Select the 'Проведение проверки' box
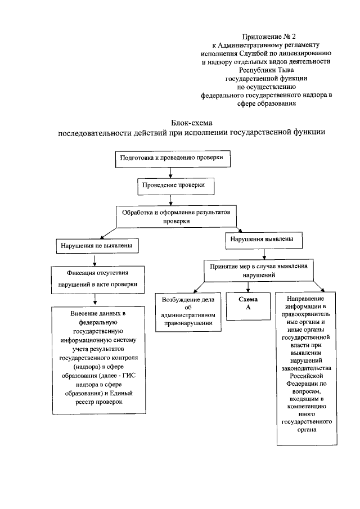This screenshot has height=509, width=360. coord(173,184)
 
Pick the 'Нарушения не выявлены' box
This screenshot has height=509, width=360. coord(97,246)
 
